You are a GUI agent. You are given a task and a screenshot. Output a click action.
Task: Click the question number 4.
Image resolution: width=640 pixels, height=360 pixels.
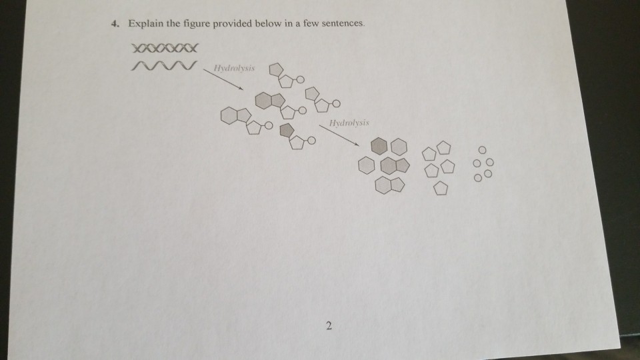pos(115,24)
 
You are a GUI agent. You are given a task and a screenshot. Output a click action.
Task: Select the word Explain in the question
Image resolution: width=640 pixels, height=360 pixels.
pos(146,24)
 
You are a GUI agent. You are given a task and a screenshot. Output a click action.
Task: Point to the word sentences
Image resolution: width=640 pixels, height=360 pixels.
pos(343,23)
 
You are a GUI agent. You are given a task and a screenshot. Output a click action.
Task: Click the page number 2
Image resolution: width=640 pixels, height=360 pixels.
pos(329,326)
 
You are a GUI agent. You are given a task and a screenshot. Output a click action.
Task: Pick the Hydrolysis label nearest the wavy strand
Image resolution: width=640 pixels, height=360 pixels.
pos(234,68)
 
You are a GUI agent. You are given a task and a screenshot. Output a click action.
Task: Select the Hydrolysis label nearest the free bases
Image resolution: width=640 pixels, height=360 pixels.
pos(349,123)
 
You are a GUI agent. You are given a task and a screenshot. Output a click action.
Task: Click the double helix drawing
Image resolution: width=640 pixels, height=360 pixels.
pos(165,48)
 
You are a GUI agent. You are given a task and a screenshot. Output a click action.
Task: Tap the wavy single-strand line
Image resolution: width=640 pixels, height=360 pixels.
pos(163,65)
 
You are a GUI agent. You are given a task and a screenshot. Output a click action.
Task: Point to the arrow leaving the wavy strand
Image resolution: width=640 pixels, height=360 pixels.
pos(223,79)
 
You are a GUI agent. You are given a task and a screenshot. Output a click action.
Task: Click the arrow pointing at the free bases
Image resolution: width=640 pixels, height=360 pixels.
pos(339,135)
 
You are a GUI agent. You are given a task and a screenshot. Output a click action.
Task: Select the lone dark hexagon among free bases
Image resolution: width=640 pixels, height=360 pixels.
pos(379,146)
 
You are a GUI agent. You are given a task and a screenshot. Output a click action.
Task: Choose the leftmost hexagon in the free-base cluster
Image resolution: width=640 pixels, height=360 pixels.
pos(366,166)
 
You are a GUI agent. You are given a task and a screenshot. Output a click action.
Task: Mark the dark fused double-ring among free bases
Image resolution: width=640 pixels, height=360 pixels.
pos(394,166)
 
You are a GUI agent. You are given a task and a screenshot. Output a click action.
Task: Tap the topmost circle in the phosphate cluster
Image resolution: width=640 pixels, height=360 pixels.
pos(482,150)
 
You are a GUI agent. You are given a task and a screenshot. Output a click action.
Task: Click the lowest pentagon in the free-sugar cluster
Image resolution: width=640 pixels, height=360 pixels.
pos(441,188)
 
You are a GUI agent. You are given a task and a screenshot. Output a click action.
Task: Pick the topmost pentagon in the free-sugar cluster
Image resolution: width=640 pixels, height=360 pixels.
pos(444,148)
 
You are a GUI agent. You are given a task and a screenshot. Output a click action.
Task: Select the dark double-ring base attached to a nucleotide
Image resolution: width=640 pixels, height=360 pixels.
pos(270,101)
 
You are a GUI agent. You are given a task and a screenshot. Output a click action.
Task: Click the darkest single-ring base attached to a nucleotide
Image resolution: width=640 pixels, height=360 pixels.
pos(287,130)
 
